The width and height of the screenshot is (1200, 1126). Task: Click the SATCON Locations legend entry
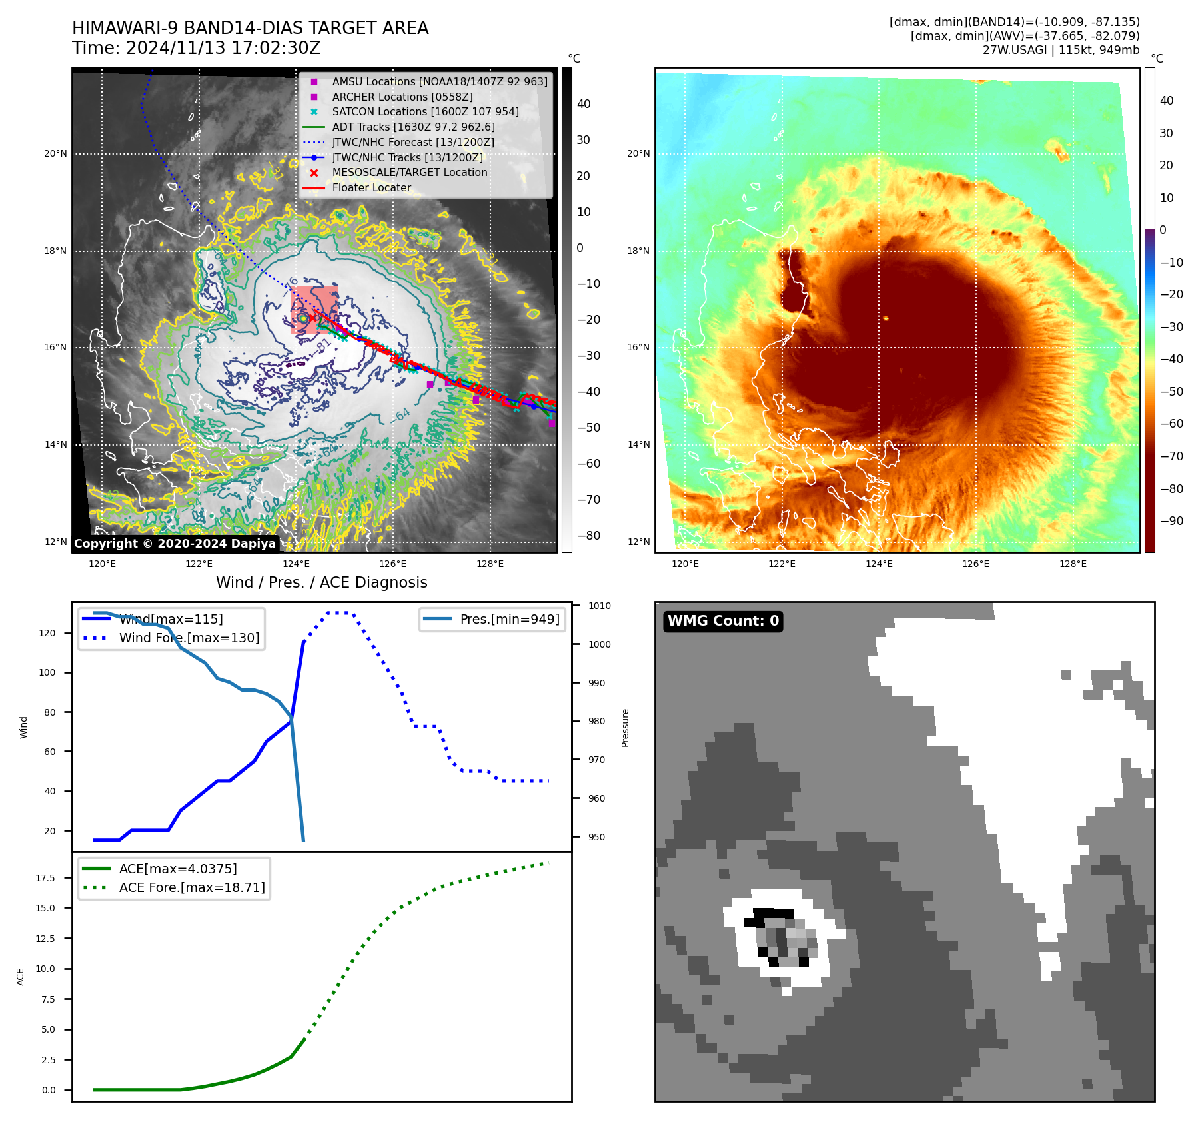[x=425, y=112]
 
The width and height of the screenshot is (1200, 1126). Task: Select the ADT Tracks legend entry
[x=413, y=127]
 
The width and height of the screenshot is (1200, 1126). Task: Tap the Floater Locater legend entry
[x=371, y=188]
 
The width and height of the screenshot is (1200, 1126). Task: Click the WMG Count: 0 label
[x=723, y=621]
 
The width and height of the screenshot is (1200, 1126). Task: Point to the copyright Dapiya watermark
[x=175, y=544]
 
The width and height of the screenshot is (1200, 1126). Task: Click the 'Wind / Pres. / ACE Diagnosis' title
[x=321, y=582]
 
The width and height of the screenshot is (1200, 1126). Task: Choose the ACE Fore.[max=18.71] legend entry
[x=191, y=887]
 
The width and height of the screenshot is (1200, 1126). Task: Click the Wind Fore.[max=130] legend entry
[x=189, y=638]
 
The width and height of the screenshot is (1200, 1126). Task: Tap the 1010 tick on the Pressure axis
[x=600, y=606]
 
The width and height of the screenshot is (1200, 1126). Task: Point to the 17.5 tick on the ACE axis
[x=45, y=878]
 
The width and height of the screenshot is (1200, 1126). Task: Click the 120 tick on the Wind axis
[x=47, y=633]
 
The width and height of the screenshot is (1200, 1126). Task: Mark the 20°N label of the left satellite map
[x=56, y=154]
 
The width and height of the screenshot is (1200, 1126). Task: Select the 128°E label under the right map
[x=1073, y=564]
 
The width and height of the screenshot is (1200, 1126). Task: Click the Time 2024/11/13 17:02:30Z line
[x=197, y=49]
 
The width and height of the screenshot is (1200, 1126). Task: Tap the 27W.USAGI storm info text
[x=1061, y=50]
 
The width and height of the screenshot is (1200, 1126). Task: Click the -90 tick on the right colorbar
[x=1171, y=521]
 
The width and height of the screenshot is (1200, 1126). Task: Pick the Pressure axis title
[x=625, y=728]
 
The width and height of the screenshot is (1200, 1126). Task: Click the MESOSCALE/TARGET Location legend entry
[x=409, y=173]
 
